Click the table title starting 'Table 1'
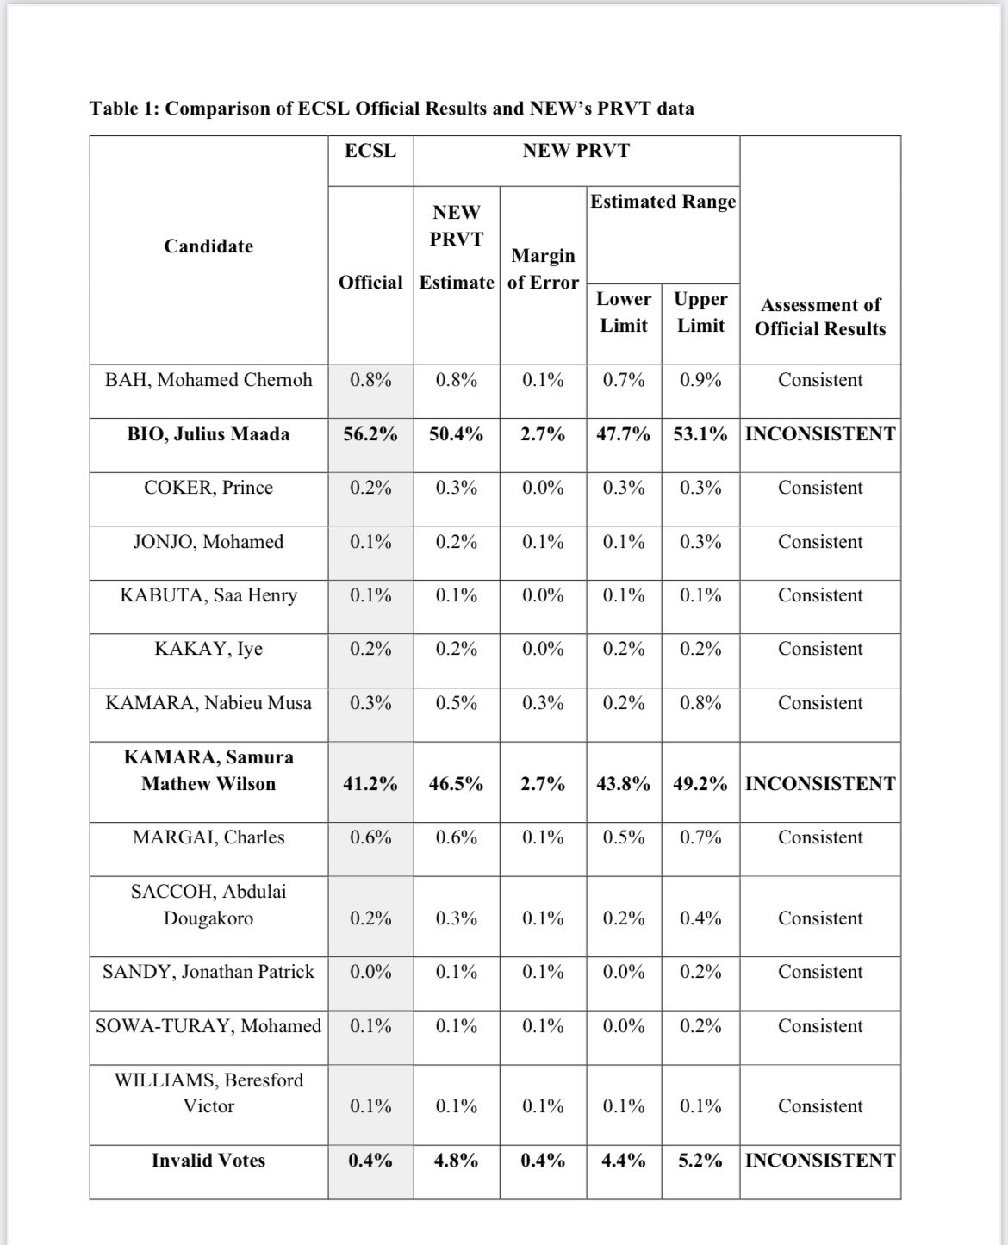point(392,109)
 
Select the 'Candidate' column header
point(208,246)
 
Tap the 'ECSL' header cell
point(370,151)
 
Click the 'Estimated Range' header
point(663,202)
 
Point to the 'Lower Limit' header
point(624,312)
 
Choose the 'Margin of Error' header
point(543,269)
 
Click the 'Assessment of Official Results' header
point(820,316)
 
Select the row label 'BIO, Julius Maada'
point(208,434)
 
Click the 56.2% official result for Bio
point(370,434)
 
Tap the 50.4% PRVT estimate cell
point(456,434)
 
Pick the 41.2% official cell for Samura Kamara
point(370,784)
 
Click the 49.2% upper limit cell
point(700,784)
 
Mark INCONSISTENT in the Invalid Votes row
point(820,1161)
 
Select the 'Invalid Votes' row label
point(208,1161)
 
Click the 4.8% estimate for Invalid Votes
point(456,1161)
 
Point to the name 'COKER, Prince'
point(208,488)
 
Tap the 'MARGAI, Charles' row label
point(208,837)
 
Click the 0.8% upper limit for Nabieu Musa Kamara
point(700,703)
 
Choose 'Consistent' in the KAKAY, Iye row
point(820,649)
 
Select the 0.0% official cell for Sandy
point(370,972)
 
